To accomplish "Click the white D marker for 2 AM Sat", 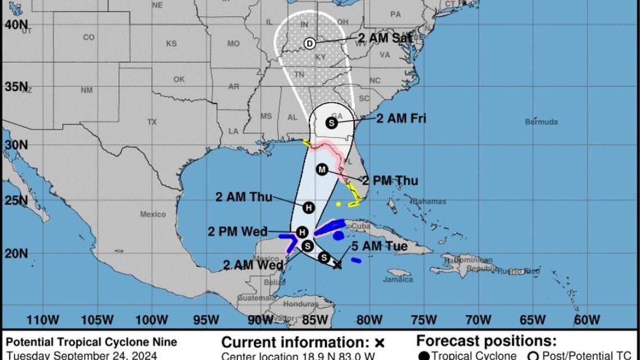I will click(309, 43).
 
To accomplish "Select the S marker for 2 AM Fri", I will click(331, 123).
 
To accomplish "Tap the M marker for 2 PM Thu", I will click(322, 170).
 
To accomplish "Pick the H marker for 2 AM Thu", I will click(308, 208).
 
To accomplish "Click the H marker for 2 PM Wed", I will click(302, 232).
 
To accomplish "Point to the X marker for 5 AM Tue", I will click(337, 265).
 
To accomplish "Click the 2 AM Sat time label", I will click(386, 38).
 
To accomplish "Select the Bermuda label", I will click(541, 122).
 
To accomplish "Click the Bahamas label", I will click(429, 201).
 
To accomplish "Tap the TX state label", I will click(152, 122).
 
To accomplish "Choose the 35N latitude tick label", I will click(16, 87).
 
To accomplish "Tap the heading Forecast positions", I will click(486, 341).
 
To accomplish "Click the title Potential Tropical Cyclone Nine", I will click(92, 342).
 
